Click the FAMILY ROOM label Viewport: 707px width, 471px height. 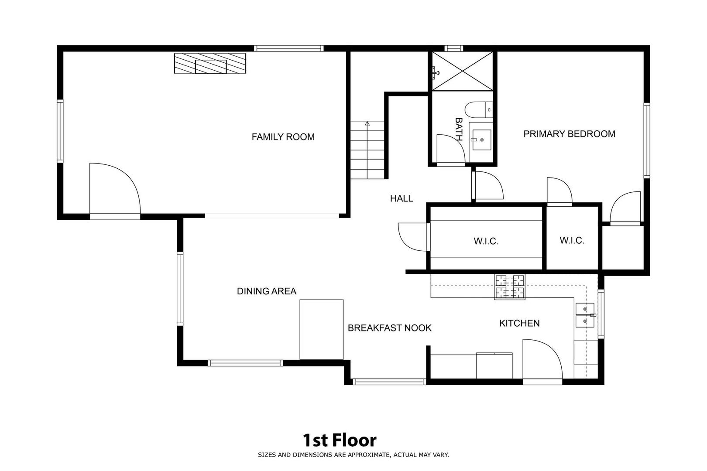coord(283,137)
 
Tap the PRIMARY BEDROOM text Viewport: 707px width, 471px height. coord(570,134)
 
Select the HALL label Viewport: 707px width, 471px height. coord(402,198)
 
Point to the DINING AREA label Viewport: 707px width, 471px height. coord(267,291)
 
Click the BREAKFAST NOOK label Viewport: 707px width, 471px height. coord(389,328)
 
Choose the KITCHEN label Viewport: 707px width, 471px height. coord(519,323)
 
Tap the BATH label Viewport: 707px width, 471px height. coord(459,129)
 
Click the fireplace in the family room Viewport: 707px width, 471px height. coord(210,63)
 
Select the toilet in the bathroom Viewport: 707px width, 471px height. coord(478,110)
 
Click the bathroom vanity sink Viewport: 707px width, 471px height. coord(481,140)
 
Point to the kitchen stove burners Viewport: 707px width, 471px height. coord(510,287)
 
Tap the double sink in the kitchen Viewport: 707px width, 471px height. coord(585,315)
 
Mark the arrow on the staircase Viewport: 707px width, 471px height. coord(367,150)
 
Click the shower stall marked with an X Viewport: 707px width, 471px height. coord(463,71)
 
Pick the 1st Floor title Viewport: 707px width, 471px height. coord(340,440)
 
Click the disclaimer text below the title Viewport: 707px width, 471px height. coord(353,455)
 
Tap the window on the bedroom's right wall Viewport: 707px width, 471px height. coord(647,140)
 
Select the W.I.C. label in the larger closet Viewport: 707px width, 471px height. coord(486,241)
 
